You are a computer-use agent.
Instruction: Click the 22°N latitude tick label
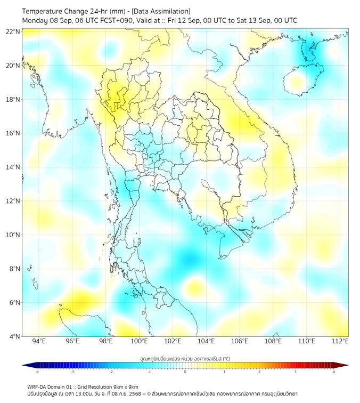click(x=13, y=31)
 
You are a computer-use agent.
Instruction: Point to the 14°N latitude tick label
click(x=13, y=167)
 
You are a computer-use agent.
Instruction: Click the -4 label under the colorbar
click(x=37, y=372)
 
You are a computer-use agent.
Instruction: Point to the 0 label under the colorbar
click(x=185, y=372)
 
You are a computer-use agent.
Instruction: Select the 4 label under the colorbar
click(x=333, y=372)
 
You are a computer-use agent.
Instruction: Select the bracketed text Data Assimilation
click(x=160, y=11)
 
